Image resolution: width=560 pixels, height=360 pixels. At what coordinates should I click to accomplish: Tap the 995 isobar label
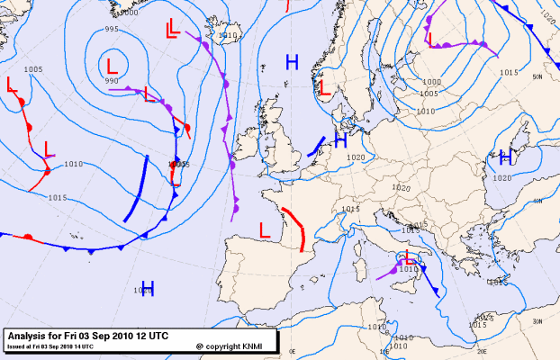pyautogui.click(x=112, y=30)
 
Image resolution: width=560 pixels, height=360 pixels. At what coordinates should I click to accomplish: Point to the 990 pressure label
pyautogui.click(x=112, y=82)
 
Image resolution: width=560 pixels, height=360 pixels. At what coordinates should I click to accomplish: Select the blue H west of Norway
pyautogui.click(x=292, y=61)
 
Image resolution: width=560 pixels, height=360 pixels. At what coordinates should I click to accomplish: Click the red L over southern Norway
pyautogui.click(x=324, y=87)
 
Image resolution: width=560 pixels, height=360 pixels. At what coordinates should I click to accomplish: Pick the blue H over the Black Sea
pyautogui.click(x=505, y=157)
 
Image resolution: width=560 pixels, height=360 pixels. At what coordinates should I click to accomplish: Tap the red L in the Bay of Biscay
pyautogui.click(x=266, y=229)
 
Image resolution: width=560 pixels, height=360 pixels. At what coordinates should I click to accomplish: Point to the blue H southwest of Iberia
pyautogui.click(x=148, y=288)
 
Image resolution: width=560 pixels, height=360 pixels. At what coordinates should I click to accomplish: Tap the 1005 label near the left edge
pyautogui.click(x=33, y=69)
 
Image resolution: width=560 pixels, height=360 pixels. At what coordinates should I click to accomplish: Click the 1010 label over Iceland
pyautogui.click(x=228, y=36)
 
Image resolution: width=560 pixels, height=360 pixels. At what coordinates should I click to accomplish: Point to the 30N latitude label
pyautogui.click(x=537, y=321)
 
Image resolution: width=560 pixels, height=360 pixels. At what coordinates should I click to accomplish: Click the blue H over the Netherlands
pyautogui.click(x=340, y=140)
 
